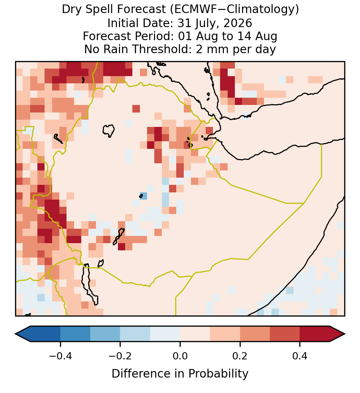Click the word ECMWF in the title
point(192,10)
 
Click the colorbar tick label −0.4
point(60,356)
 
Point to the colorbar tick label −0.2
point(120,356)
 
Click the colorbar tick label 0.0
point(180,356)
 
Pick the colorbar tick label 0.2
point(240,356)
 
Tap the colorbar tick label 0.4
point(300,356)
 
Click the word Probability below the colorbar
point(218,374)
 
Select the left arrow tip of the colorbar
point(15,334)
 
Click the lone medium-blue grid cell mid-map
point(143,196)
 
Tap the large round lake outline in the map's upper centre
point(109,131)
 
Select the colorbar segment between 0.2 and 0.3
point(255,334)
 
